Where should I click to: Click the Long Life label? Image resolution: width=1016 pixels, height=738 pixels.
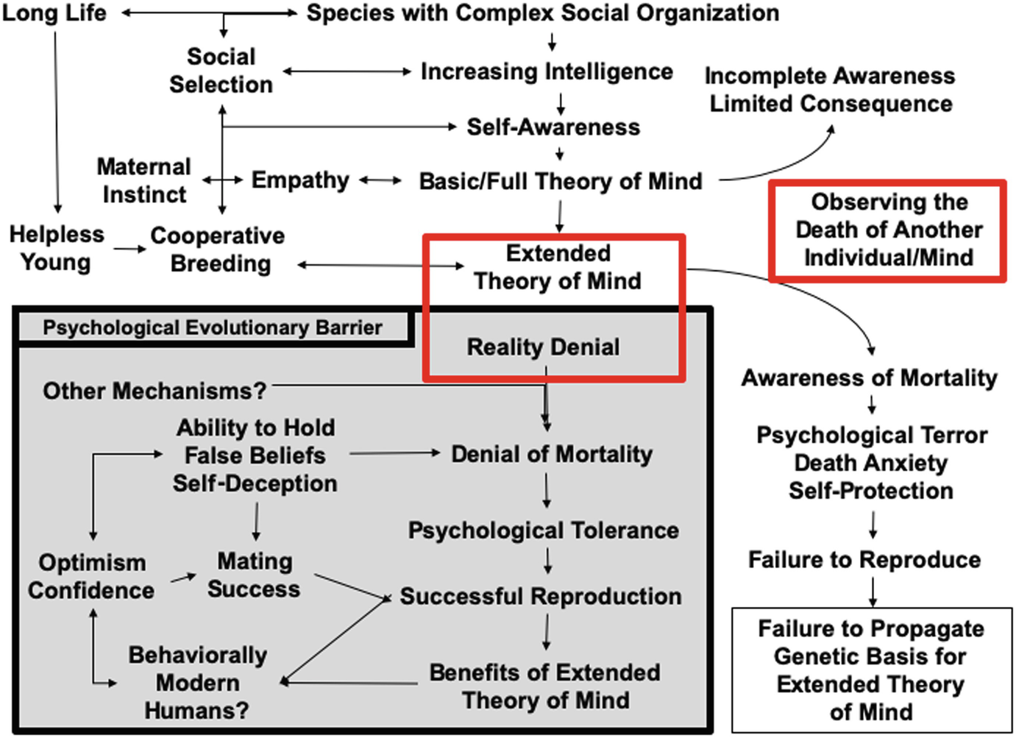point(54,13)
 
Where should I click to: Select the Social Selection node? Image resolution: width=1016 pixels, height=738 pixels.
point(221,71)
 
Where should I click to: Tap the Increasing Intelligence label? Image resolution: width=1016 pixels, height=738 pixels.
point(547,71)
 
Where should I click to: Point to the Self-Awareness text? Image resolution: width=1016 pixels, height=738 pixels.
point(553,127)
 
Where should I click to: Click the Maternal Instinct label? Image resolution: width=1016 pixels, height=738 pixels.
point(144,180)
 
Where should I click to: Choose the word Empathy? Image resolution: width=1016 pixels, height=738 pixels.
point(300,180)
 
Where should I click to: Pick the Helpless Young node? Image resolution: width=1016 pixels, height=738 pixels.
point(56,248)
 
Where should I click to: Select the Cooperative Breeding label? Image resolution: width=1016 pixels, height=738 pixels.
point(219,249)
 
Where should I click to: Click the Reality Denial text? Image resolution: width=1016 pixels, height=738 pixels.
point(543,347)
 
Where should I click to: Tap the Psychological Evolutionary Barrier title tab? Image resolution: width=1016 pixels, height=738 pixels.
point(212,327)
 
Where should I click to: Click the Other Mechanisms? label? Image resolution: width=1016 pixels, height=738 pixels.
point(154,391)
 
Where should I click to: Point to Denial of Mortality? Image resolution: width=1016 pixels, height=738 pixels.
point(552,454)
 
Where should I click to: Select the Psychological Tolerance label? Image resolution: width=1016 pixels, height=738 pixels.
point(544,531)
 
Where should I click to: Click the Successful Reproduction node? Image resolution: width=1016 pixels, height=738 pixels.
point(541,596)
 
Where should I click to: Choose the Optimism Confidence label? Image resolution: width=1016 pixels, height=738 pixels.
point(91,576)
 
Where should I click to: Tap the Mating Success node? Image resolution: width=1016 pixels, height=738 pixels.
point(255,575)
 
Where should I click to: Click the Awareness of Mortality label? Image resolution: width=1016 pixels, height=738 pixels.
point(870,377)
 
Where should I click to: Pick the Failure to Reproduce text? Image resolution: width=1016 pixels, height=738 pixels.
point(864,560)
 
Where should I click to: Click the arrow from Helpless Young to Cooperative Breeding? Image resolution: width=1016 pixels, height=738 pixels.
point(129,249)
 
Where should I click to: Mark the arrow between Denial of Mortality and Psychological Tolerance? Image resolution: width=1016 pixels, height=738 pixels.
point(547,491)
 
